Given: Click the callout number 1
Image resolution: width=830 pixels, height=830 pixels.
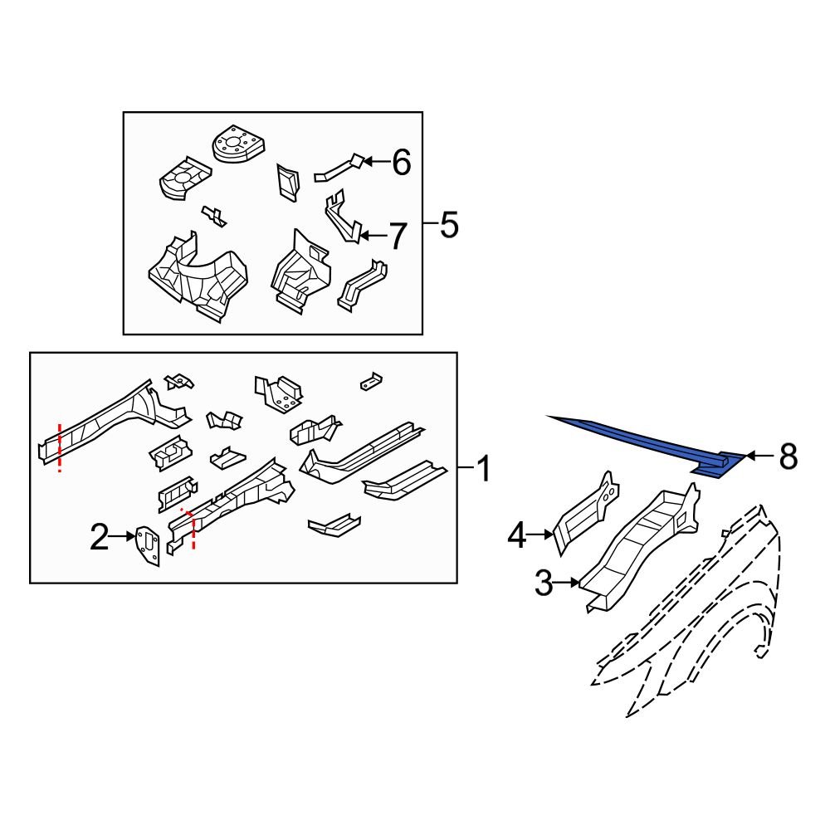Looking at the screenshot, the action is click(x=484, y=469).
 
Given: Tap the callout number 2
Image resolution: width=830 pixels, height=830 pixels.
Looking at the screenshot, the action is click(x=99, y=537).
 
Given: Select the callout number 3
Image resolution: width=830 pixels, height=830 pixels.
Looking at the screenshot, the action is click(x=543, y=583).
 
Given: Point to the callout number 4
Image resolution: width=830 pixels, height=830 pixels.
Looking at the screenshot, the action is click(x=516, y=535).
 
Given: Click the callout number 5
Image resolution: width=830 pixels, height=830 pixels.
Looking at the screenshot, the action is click(x=449, y=224).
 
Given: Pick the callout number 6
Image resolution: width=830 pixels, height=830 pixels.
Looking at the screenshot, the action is click(x=402, y=162).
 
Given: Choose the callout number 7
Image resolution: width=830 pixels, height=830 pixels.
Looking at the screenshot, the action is click(x=398, y=236).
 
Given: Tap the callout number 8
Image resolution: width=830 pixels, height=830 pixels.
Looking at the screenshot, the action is click(x=788, y=456).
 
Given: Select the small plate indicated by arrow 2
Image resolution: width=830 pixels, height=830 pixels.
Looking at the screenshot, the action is click(x=148, y=545).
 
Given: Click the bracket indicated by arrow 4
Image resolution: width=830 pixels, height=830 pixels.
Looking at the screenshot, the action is click(x=586, y=512).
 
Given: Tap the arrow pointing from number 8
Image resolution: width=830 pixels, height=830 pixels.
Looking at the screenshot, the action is click(x=760, y=455).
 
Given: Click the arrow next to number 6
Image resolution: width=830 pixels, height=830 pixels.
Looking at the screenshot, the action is click(x=376, y=162).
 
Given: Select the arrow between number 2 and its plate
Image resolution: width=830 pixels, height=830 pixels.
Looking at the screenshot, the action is click(x=122, y=536).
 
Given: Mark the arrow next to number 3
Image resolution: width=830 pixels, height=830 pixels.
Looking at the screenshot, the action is click(x=566, y=583).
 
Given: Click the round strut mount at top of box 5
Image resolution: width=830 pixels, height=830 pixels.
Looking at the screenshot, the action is click(x=237, y=144).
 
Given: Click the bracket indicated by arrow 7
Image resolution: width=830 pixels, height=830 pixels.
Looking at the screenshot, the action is click(x=343, y=217).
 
